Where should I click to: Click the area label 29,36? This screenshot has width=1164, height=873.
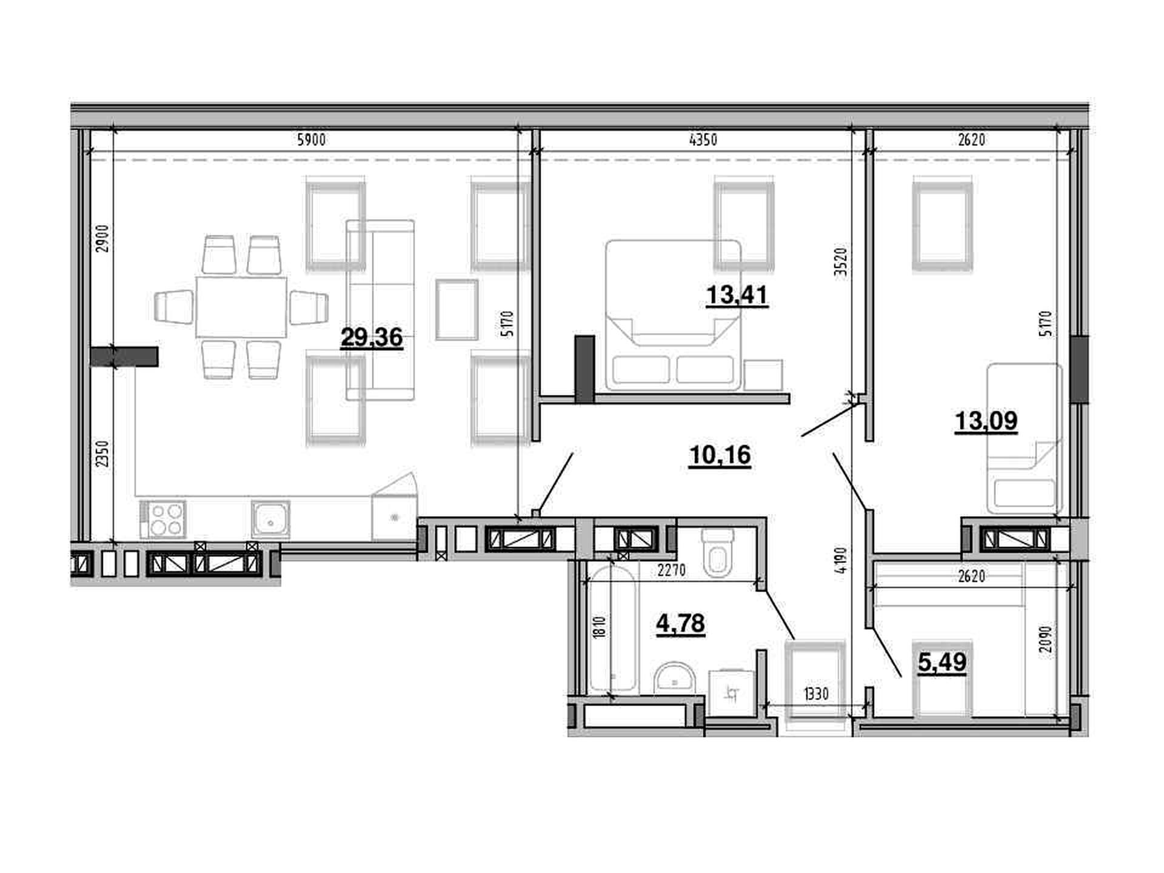372,338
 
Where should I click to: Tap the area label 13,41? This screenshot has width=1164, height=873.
737,296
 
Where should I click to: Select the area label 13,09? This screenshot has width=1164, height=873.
986,421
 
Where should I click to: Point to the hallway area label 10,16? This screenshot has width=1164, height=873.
720,455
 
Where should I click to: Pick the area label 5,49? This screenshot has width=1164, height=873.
942,663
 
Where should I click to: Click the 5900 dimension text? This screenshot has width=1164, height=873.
311,140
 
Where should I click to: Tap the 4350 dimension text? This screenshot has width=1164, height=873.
703,140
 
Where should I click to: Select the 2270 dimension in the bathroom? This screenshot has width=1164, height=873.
671,570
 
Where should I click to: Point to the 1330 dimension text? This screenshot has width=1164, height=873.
816,694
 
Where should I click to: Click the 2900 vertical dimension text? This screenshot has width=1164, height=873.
102,238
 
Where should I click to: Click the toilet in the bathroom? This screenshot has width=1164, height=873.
717,552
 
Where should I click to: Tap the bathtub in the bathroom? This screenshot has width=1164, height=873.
613,628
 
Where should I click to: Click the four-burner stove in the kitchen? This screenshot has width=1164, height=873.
162,520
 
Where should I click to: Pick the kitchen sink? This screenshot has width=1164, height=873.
270,520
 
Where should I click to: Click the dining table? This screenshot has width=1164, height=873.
241,307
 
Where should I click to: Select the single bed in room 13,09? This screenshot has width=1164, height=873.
1025,439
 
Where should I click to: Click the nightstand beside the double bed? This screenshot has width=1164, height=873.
763,375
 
